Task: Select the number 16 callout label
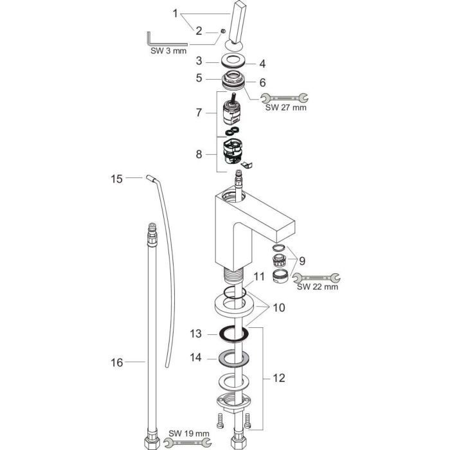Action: point(116,363)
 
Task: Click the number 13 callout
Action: point(195,334)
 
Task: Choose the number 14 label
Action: point(195,356)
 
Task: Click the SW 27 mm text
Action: point(285,108)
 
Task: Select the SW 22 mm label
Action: point(317,287)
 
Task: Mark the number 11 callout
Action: point(258,277)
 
